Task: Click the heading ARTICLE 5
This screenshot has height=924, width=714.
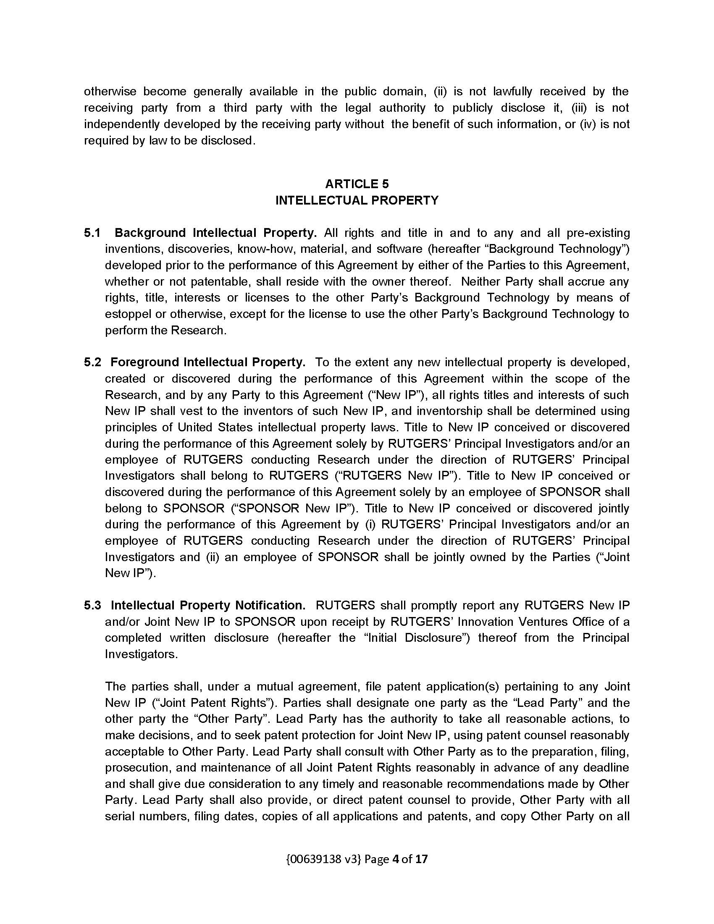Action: [x=357, y=184]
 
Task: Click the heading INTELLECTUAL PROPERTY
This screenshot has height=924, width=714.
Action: [x=357, y=200]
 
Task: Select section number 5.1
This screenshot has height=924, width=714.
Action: [x=92, y=233]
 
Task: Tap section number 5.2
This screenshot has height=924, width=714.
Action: [x=92, y=362]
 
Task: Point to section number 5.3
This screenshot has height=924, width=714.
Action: [x=92, y=605]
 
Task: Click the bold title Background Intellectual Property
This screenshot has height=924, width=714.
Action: [x=216, y=233]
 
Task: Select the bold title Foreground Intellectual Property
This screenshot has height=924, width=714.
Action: [x=207, y=362]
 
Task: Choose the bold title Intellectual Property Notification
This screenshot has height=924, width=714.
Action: [x=207, y=605]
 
